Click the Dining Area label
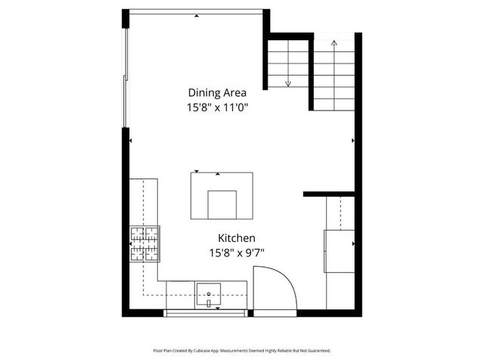point(218,93)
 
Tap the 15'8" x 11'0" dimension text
point(218,108)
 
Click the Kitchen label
point(237,237)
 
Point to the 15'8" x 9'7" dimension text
point(237,253)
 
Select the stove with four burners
point(145,244)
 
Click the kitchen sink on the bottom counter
point(208,294)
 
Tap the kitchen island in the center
point(222,195)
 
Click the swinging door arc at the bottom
point(276,287)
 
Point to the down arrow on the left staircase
point(288,82)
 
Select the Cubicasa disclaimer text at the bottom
point(242,350)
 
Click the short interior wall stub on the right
point(329,194)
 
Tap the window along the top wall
point(197,11)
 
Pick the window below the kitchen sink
point(206,312)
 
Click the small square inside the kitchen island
point(222,203)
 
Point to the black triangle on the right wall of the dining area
point(353,140)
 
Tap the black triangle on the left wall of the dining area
point(131,140)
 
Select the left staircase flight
point(288,64)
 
